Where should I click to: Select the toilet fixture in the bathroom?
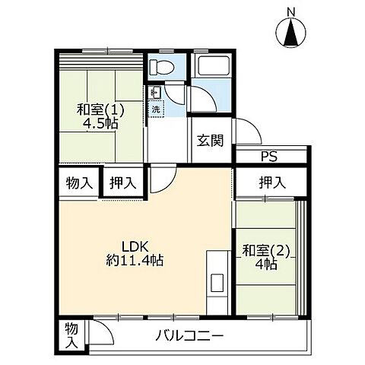pyautogui.click(x=162, y=66)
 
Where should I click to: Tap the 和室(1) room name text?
pyautogui.click(x=100, y=109)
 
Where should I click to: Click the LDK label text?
pyautogui.click(x=138, y=246)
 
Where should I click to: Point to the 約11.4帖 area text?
pyautogui.click(x=138, y=260)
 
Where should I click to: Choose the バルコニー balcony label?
pyautogui.click(x=190, y=335)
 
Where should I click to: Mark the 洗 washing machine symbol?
pyautogui.click(x=155, y=109)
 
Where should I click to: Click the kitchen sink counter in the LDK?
pyautogui.click(x=216, y=278)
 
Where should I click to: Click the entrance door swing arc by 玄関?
pyautogui.click(x=247, y=131)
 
